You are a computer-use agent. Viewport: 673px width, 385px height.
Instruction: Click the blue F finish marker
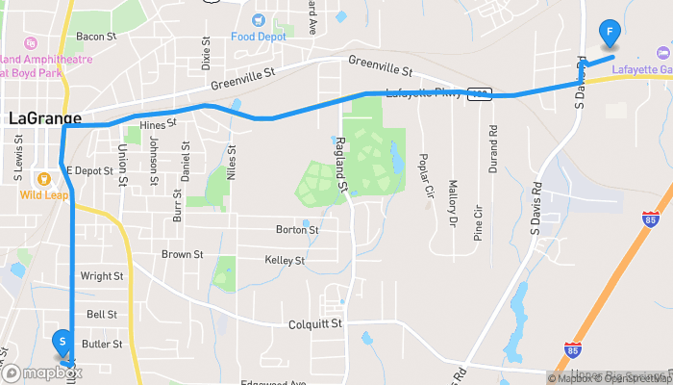tap(609, 32)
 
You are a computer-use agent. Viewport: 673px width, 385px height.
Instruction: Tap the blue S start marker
tap(62, 342)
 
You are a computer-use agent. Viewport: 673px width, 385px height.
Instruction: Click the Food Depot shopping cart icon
tap(258, 19)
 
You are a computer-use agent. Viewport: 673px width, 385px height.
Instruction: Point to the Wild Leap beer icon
tap(42, 178)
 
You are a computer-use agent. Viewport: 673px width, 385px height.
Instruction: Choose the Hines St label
tap(159, 124)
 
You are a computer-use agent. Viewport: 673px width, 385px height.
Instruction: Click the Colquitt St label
tap(315, 324)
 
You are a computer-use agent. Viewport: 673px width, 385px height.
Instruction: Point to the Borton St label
tap(297, 230)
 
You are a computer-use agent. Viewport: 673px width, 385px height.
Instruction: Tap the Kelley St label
tap(285, 260)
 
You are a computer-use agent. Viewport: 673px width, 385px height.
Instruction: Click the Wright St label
tap(99, 275)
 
